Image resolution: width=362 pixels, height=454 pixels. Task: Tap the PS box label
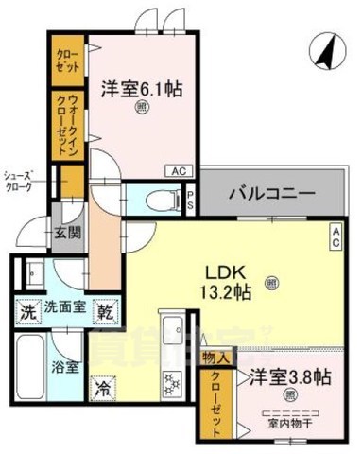coord(190,201)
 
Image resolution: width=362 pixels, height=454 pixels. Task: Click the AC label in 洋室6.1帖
coord(179,171)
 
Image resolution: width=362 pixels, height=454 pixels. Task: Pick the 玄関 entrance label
coord(66,235)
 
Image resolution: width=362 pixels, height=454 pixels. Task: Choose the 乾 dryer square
coord(106,309)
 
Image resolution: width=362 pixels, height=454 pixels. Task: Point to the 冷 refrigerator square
coord(102,388)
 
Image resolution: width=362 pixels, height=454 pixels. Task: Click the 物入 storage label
coord(215,357)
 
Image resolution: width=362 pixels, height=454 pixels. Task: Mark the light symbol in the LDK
coord(272,281)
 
